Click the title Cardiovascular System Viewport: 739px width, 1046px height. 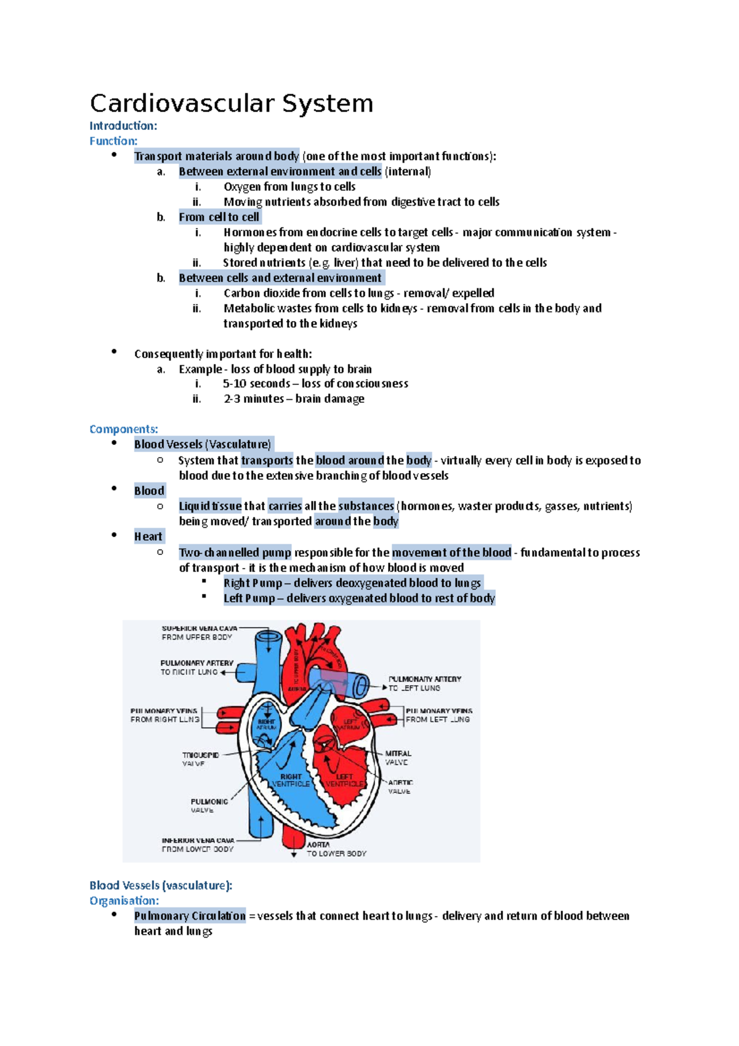point(232,103)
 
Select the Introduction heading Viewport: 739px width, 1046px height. point(123,126)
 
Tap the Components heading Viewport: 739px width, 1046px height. point(124,429)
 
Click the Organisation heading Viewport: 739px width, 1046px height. point(124,901)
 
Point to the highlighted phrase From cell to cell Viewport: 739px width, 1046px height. point(219,217)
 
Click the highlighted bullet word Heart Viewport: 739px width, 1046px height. point(148,537)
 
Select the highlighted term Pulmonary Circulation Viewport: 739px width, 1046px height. point(190,916)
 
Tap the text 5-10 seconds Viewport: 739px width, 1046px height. point(256,384)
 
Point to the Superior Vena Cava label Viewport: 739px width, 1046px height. point(199,633)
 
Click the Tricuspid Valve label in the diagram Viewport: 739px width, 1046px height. point(200,759)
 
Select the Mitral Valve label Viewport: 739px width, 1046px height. point(398,758)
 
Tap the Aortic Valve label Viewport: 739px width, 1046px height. point(400,787)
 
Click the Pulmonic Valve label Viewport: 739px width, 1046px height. point(209,806)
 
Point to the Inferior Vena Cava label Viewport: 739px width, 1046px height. point(198,845)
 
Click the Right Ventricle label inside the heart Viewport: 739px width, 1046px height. point(291,780)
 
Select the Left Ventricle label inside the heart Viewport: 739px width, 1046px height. point(345,780)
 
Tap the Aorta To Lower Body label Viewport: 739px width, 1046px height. point(336,849)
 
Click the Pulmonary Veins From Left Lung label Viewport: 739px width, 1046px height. point(438,715)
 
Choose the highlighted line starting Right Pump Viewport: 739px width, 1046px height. point(352,583)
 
